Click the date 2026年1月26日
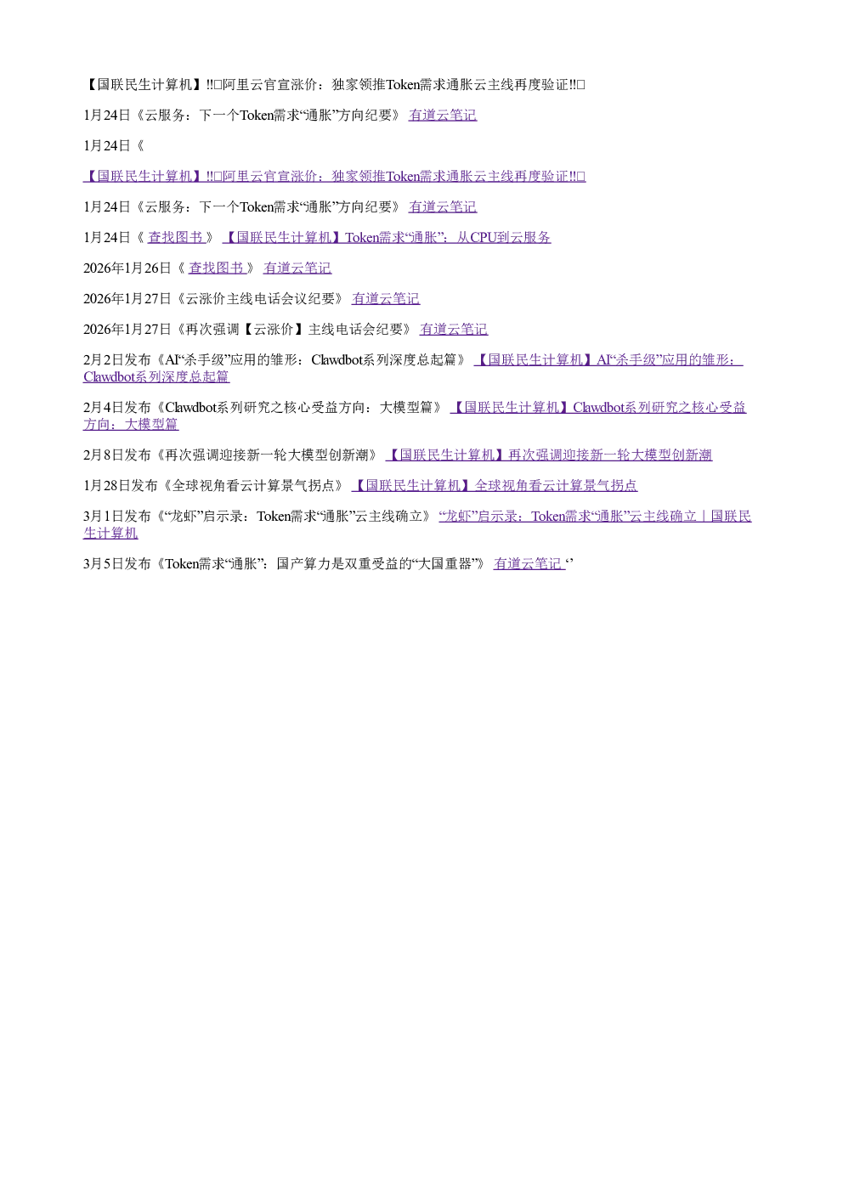pyautogui.click(x=127, y=268)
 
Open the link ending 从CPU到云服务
pyautogui.click(x=387, y=237)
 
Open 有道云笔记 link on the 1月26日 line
pyautogui.click(x=297, y=268)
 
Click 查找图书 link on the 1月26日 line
pyautogui.click(x=217, y=268)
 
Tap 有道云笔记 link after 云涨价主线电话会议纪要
pyautogui.click(x=386, y=299)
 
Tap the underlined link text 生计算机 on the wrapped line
pyautogui.click(x=110, y=534)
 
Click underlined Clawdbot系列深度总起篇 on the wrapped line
pyautogui.click(x=156, y=376)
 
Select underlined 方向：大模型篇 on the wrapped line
pyautogui.click(x=131, y=425)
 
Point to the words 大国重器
pyautogui.click(x=445, y=564)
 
